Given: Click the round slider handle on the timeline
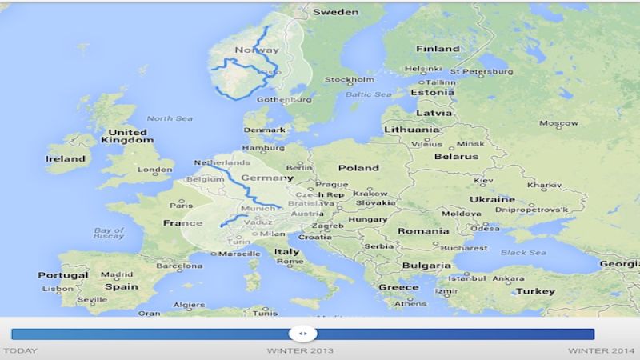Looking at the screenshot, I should coord(302,334).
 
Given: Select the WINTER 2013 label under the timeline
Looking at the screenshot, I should coord(300,350).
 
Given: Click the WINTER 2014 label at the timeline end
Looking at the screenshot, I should coord(601,350).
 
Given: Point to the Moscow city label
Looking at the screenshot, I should coord(558,123).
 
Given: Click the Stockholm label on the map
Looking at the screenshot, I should coord(350,79).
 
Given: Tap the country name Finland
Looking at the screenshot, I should coord(438,49).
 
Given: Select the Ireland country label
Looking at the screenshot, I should coord(66,158).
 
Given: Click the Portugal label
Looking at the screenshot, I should coord(63,274).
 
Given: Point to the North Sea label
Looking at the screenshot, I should coord(170,118).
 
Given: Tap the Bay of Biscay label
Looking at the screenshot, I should coord(109,233).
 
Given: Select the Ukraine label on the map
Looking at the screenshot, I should coord(492,199).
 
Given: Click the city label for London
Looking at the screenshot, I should coord(155,170).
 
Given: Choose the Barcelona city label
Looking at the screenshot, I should coord(179,266).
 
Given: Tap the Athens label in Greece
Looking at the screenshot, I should coord(410,303).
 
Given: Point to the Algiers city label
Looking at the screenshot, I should coord(190,305).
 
